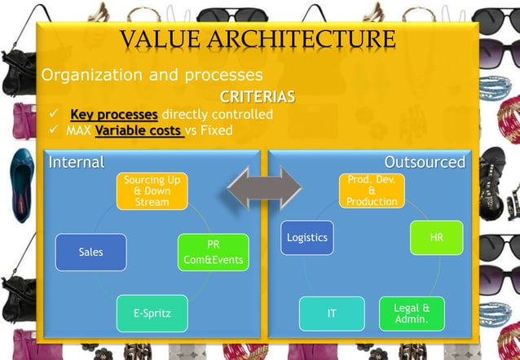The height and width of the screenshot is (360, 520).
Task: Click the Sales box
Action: tap(90, 252)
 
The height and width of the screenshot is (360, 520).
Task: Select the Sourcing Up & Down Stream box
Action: tap(152, 191)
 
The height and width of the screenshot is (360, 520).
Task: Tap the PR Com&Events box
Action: tap(212, 252)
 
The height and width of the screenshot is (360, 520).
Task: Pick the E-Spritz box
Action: tap(152, 313)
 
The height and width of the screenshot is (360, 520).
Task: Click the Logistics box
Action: tap(307, 238)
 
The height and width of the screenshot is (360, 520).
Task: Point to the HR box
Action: tap(436, 237)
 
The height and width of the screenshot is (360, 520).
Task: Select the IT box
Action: tap(332, 314)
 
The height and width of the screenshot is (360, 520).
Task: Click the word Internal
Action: tap(77, 162)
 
